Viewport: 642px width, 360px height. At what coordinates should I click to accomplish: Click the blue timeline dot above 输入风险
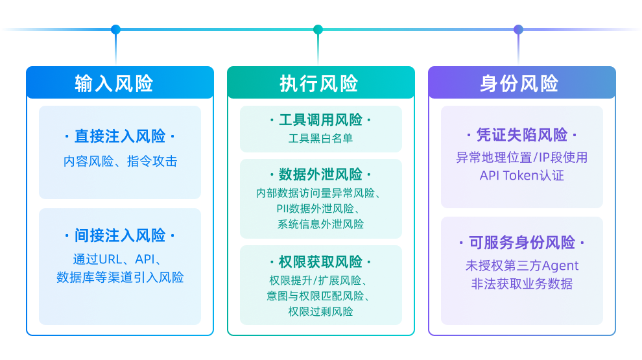coord(115,29)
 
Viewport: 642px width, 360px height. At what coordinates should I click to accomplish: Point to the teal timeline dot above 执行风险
coord(318,29)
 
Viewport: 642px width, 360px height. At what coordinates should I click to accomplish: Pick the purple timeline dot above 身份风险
coord(518,29)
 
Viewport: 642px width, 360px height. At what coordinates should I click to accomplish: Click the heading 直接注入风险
coord(120,137)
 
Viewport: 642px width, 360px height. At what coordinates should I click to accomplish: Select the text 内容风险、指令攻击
coord(120,162)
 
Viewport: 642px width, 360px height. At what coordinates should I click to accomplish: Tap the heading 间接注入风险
coord(120,235)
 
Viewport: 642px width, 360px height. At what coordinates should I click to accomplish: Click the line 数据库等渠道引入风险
coord(120,278)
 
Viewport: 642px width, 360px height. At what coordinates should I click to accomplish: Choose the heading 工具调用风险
coord(320,120)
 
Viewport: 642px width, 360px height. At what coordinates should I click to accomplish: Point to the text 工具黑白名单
coord(320,138)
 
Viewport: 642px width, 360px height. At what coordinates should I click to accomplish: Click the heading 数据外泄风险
coord(320,174)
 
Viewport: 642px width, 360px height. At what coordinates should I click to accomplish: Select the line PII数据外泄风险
coord(320,209)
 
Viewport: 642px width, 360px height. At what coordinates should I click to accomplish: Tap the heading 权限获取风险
coord(320,262)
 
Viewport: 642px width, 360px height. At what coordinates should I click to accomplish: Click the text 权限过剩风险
coord(320,312)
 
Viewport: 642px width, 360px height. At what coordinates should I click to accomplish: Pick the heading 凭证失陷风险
coord(521,135)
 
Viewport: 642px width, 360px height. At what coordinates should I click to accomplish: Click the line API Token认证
coord(521,176)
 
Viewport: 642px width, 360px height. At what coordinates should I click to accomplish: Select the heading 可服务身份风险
coord(521,243)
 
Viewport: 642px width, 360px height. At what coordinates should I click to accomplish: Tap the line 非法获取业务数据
coord(521,283)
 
